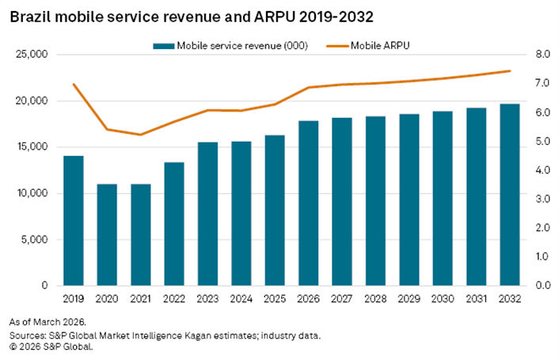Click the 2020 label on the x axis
[107, 300]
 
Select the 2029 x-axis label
[409, 300]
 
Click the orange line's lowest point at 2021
[140, 135]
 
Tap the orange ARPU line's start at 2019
[74, 84]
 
